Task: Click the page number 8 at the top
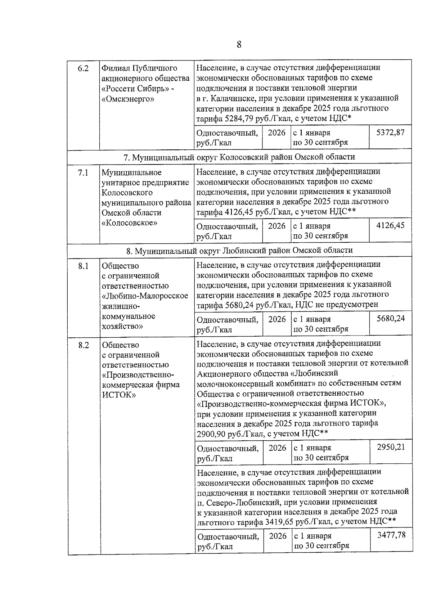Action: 239,45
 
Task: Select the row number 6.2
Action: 83,68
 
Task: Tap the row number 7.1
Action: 83,173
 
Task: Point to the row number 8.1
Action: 83,266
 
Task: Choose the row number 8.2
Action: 83,345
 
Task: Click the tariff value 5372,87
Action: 390,132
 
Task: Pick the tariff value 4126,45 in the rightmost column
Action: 390,226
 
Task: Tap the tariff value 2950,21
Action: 391,447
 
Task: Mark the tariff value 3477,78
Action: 391,535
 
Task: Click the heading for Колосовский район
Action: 239,157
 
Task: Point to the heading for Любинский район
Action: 239,250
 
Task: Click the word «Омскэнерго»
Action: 128,99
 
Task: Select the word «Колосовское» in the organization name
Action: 130,223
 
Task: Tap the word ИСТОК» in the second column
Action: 119,395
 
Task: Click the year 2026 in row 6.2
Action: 276,132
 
